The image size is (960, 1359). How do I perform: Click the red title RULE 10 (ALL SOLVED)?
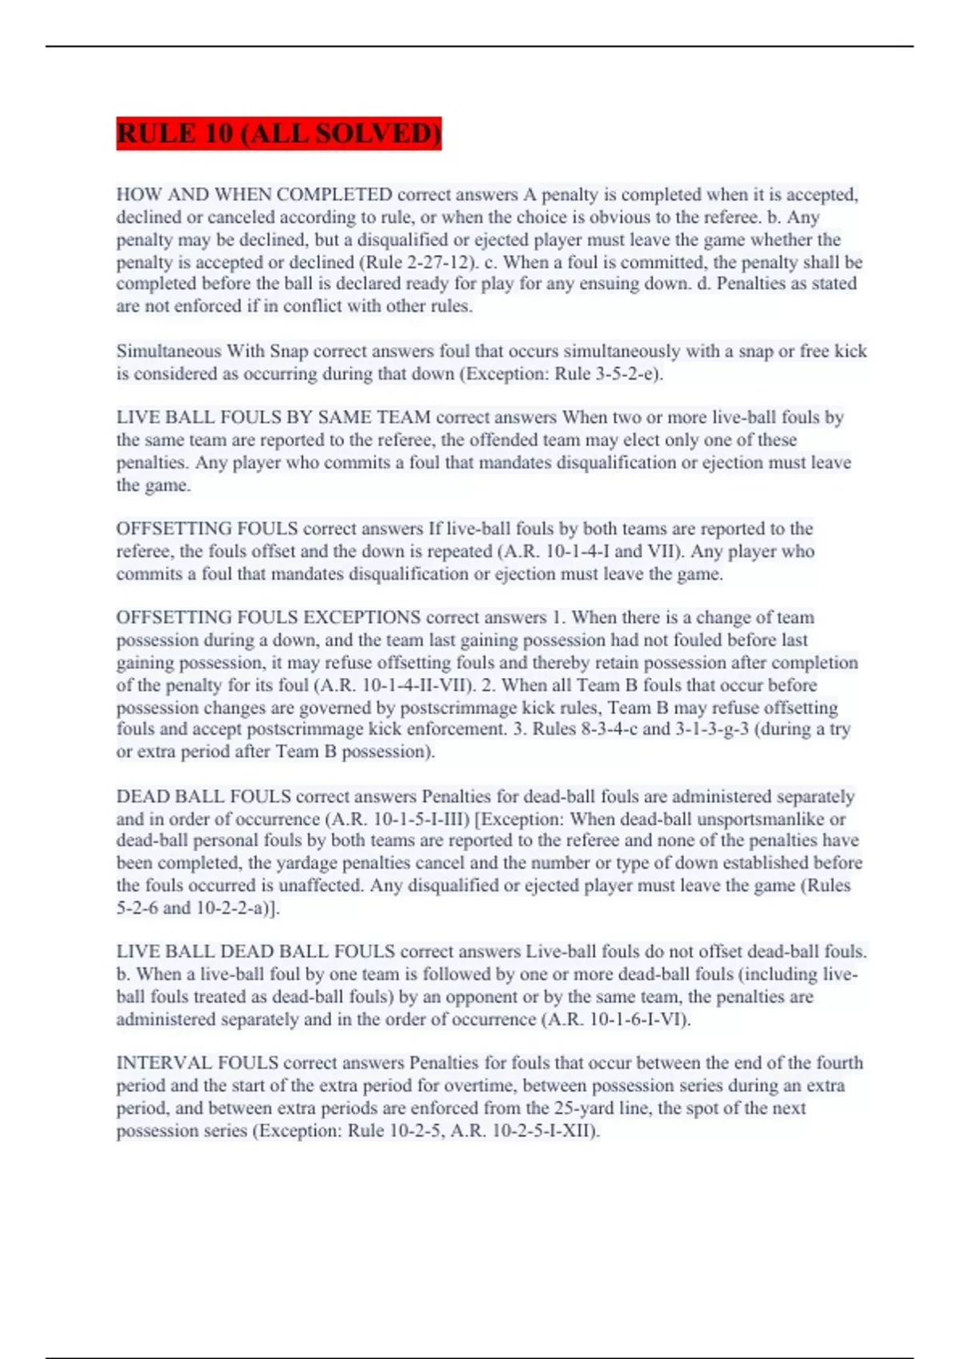tap(278, 133)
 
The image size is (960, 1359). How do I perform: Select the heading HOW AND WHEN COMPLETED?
tap(254, 194)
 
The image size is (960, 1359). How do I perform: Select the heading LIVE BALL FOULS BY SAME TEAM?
tap(274, 417)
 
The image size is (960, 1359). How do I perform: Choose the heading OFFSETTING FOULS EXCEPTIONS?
tap(268, 617)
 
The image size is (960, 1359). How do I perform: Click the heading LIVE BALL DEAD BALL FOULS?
tap(255, 951)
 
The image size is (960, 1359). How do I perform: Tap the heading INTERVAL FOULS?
tap(197, 1062)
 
